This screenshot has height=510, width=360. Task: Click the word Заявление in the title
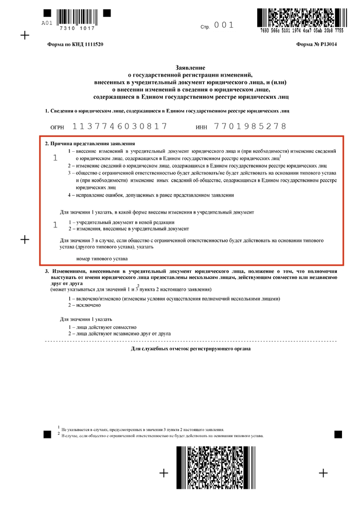[x=191, y=68]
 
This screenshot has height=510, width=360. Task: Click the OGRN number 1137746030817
[x=120, y=126]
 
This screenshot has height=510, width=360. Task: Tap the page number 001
[x=224, y=25]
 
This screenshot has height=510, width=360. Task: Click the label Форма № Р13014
[x=316, y=45]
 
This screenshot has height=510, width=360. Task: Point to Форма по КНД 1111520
[x=75, y=45]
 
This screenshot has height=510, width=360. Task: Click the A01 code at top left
[x=46, y=23]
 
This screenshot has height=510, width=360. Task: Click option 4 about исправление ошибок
[x=151, y=195]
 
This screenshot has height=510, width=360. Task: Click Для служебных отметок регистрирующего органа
[x=191, y=349]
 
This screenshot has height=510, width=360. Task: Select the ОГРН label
[x=58, y=127]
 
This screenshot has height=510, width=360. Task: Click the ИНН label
[x=202, y=127]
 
